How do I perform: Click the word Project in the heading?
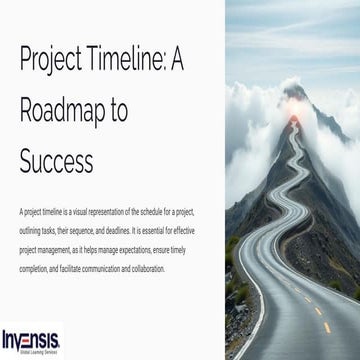pos(55,60)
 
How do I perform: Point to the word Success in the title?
pos(59,160)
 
